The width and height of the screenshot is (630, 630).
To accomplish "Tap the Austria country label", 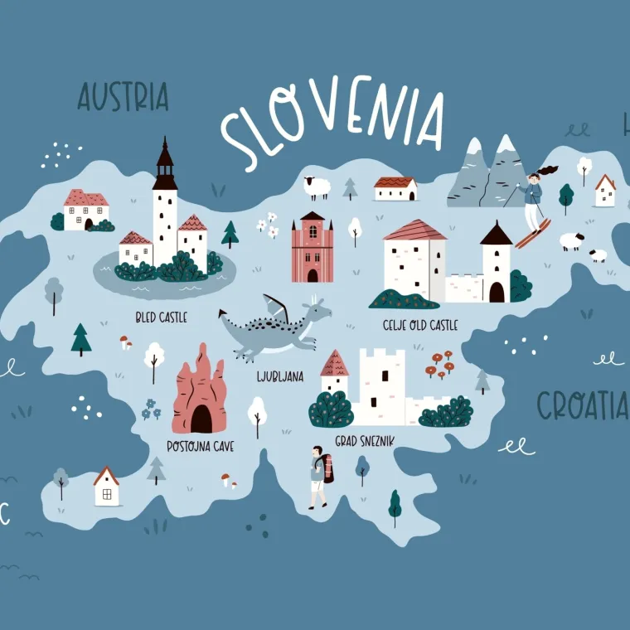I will [123, 97].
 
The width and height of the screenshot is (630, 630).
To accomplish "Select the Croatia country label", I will [581, 405].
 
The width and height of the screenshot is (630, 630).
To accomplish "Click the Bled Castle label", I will [161, 317].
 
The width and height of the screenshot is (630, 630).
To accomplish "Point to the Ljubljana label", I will [280, 376].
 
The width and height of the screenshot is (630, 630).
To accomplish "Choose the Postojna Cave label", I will [200, 447].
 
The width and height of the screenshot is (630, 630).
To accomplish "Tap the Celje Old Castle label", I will [420, 325].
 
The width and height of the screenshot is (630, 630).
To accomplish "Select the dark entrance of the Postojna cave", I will [201, 419].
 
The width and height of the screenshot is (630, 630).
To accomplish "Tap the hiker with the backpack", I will [320, 477].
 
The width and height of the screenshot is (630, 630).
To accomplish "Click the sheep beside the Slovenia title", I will [316, 187].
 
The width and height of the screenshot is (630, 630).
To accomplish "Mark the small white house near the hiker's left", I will [106, 487].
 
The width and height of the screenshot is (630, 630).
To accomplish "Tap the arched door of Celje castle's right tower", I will [496, 292].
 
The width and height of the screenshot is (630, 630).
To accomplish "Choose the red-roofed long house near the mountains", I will [395, 188].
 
